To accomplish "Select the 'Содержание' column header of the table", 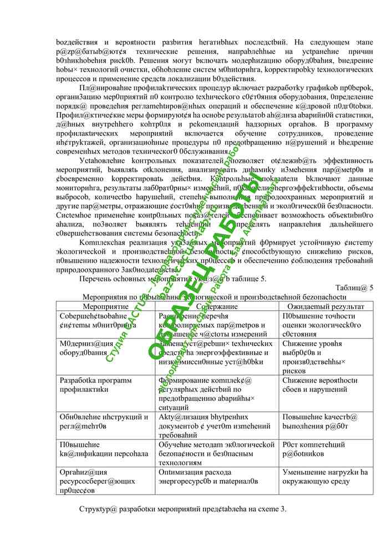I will (x=217, y=306).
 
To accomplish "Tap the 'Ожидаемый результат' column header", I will (x=326, y=306).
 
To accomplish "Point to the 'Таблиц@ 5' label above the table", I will (x=355, y=287).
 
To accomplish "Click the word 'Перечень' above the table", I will (x=96, y=278).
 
